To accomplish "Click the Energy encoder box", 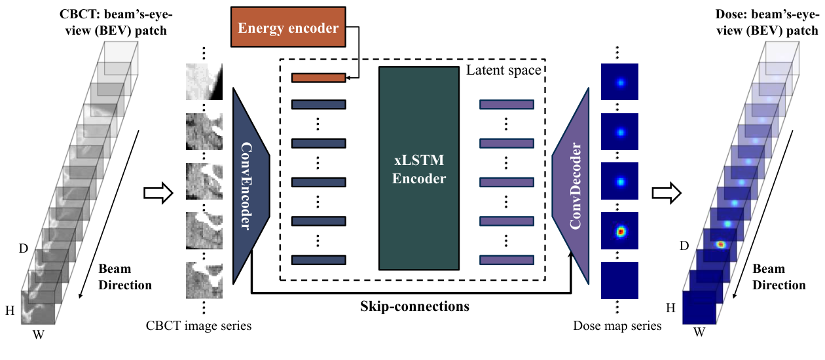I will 288,28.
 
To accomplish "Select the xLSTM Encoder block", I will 418,168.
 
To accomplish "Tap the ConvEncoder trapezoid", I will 251,186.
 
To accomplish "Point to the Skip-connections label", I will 414,306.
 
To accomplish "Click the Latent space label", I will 503,70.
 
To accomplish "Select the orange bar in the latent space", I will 318,78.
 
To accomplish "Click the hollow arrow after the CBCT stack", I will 156,193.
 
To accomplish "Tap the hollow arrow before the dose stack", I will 666,193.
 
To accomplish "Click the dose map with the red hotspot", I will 619,230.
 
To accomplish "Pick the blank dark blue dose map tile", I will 619,280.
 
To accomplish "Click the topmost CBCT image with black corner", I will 205,81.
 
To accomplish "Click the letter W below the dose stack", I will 699,332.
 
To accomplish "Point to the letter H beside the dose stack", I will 670,307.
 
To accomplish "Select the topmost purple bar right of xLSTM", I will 507,104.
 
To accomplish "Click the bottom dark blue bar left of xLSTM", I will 318,260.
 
